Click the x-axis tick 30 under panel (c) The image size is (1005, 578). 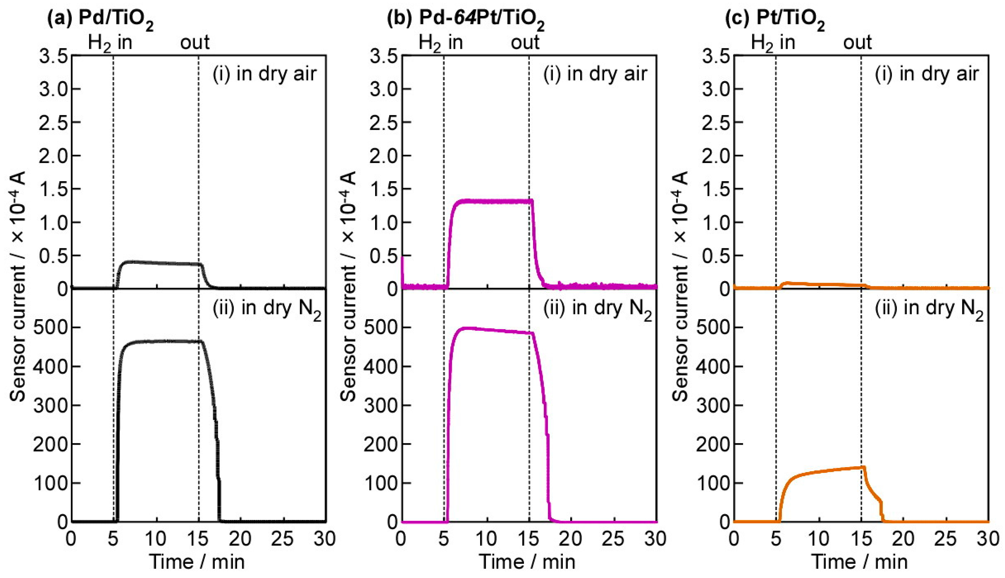coord(988,539)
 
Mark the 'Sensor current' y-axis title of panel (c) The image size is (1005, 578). coord(680,286)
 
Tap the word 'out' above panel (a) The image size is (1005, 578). coord(194,42)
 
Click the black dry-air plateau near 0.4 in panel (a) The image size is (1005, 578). coord(159,263)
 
